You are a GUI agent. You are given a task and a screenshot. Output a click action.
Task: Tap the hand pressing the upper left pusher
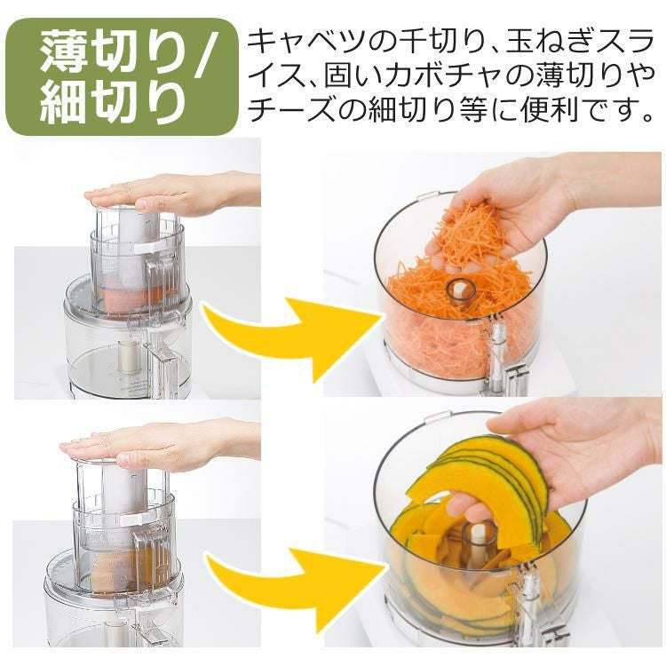coord(170,194)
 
